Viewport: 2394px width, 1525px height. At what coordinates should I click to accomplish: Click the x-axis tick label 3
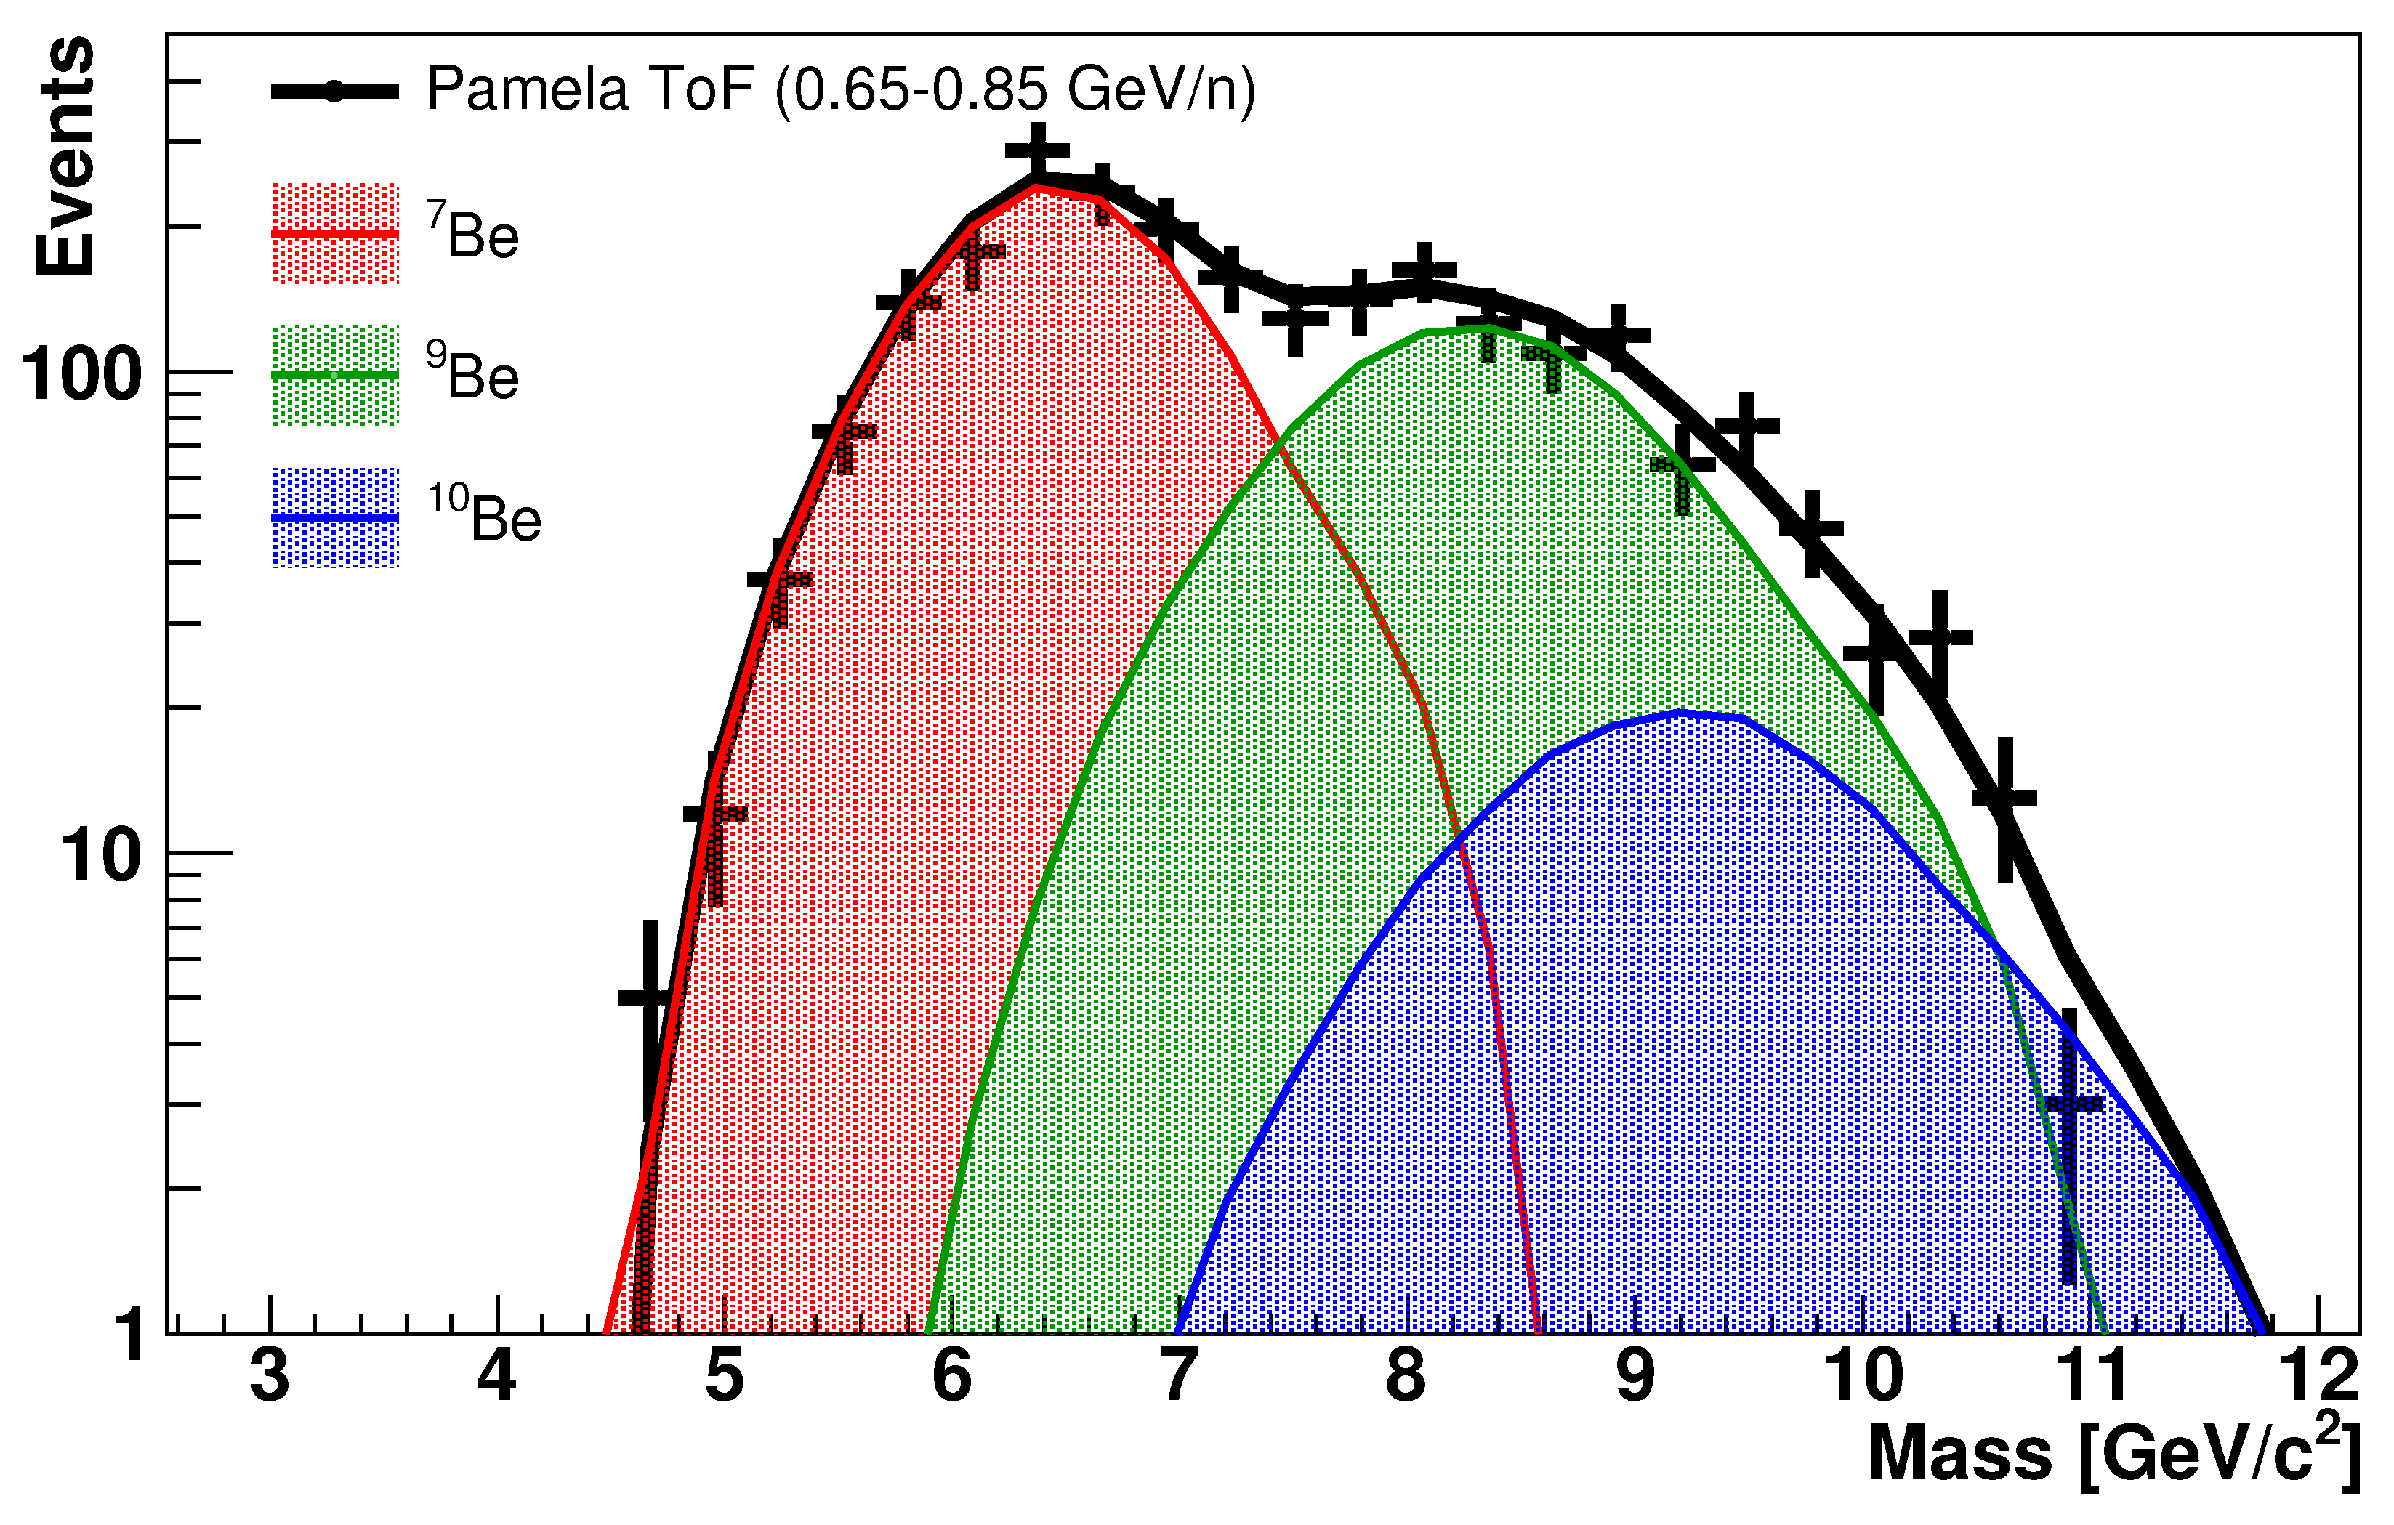(270, 1377)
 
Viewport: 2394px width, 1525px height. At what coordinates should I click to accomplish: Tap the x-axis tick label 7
(1178, 1377)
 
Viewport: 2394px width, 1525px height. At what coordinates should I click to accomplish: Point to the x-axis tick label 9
(1635, 1377)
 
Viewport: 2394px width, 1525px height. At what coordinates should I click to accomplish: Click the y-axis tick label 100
(81, 375)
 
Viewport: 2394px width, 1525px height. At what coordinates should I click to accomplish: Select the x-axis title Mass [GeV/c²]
(2113, 1453)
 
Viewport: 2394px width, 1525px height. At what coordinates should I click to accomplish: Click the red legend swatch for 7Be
(335, 234)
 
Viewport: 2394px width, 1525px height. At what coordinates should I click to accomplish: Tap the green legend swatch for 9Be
(335, 376)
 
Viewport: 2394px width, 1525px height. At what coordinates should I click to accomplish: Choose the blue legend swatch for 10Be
(335, 518)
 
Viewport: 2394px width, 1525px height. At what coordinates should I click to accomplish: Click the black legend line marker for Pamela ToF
(335, 92)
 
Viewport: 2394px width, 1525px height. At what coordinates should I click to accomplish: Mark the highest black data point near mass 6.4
(1037, 151)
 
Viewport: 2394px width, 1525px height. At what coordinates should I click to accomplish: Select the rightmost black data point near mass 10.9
(2069, 1104)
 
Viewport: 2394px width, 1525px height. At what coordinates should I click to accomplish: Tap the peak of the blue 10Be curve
(1680, 712)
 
